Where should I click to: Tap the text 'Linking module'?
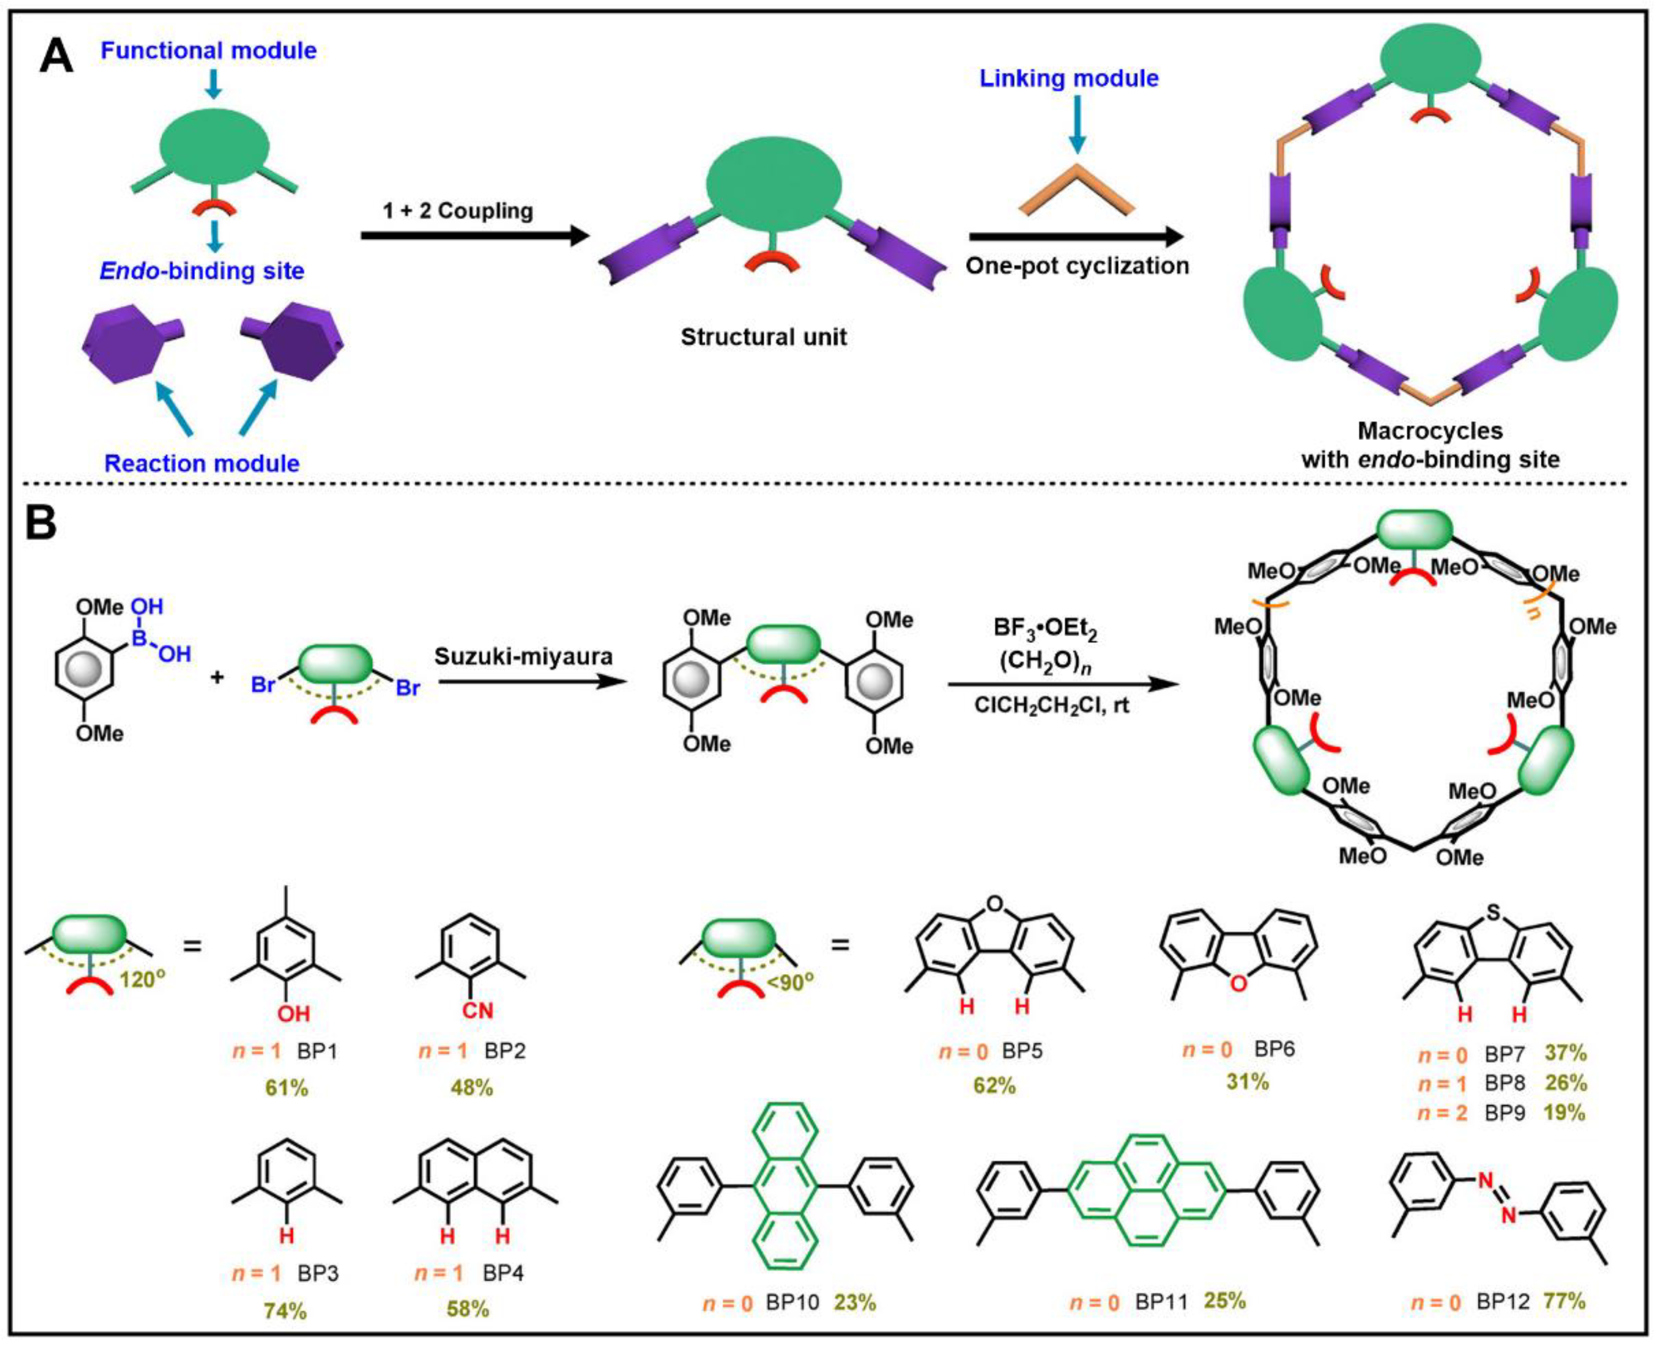point(1069,78)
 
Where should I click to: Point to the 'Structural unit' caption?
point(763,337)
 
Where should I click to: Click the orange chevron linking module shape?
point(1076,191)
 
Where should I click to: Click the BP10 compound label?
point(792,1303)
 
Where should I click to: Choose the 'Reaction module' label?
point(202,463)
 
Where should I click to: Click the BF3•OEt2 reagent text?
point(1045,629)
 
